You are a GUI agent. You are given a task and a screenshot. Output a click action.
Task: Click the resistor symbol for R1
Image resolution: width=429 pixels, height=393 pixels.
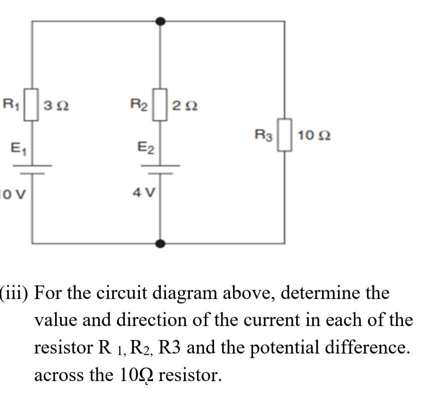32,105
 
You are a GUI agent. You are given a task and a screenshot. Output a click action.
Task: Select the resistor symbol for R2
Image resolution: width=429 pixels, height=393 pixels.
160,105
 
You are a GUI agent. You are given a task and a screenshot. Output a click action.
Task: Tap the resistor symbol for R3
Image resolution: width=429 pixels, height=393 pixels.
285,135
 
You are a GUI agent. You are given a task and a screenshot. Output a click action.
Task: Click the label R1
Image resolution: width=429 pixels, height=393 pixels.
11,105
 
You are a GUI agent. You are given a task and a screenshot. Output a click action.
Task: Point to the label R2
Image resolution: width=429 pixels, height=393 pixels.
139,105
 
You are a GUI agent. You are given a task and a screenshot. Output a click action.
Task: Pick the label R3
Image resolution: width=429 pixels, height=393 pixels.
264,135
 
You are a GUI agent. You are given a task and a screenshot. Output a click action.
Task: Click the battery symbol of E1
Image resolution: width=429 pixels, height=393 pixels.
32,169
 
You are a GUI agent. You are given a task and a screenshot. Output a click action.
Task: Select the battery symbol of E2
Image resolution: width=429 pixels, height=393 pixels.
160,169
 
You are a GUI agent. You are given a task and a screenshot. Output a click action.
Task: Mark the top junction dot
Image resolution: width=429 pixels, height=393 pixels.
160,21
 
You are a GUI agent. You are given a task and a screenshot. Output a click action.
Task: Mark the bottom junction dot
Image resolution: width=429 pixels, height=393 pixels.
160,244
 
